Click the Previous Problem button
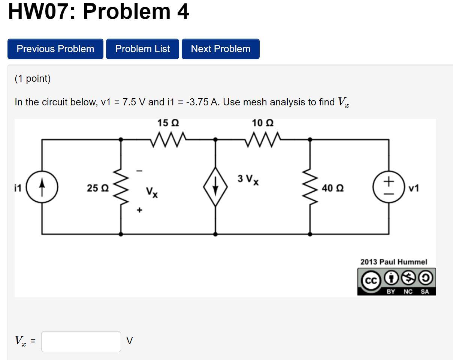[x=55, y=49]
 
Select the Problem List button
[x=142, y=49]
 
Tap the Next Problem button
[x=220, y=49]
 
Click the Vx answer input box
[x=81, y=341]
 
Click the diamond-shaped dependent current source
[x=215, y=187]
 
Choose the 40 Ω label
[x=333, y=188]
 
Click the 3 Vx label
[x=248, y=180]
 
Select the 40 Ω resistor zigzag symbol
[x=310, y=187]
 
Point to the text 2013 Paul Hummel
[x=393, y=262]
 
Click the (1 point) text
[x=33, y=78]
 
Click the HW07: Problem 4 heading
[x=99, y=11]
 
